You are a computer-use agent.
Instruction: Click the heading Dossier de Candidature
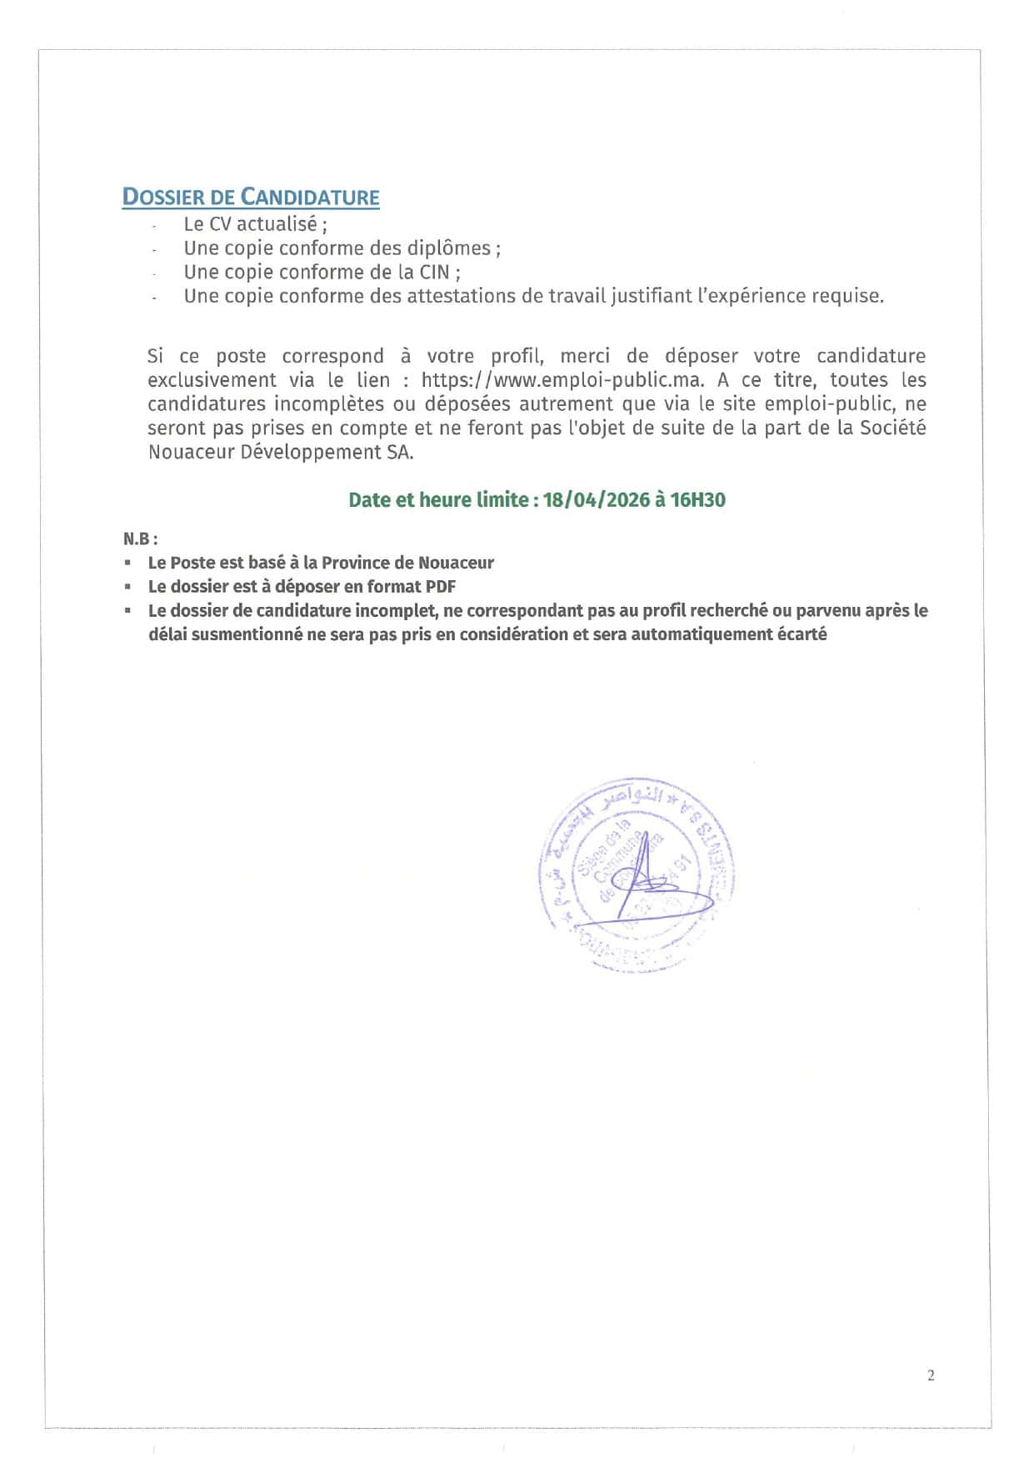tap(251, 198)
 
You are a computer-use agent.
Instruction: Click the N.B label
tap(139, 539)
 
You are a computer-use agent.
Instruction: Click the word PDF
tap(441, 587)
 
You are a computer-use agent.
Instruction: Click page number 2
tap(931, 1375)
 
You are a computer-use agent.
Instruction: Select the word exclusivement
tap(212, 381)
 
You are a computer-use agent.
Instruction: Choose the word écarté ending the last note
tap(799, 634)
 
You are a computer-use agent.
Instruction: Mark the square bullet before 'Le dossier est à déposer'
tap(128, 587)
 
